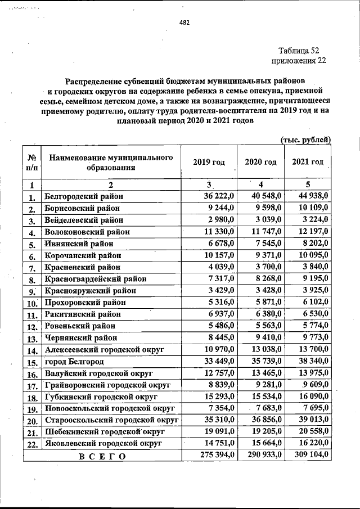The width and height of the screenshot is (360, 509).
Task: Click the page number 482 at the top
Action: click(x=184, y=23)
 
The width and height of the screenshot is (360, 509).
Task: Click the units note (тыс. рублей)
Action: click(x=305, y=139)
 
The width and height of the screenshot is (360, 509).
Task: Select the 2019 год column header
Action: click(x=209, y=162)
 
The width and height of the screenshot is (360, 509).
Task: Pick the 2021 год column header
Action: click(x=308, y=162)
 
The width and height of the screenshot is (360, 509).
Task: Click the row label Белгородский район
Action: click(x=84, y=196)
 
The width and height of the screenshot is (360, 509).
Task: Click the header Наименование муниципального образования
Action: click(x=111, y=162)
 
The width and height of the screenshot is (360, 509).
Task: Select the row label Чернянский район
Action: click(x=80, y=338)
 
